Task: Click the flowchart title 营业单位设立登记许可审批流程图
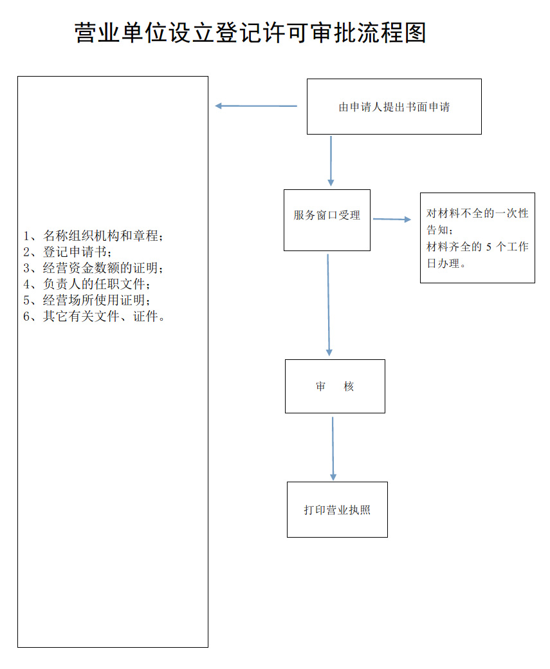tap(250, 33)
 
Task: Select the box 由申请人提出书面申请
tap(394, 107)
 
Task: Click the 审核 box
tap(335, 386)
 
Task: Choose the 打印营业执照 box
tap(337, 509)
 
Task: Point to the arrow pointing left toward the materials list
tap(256, 106)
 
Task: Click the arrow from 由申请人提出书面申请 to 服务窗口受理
tap(331, 161)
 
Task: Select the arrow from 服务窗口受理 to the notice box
tap(391, 220)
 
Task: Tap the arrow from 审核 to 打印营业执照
tap(333, 448)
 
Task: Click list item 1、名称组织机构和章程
tap(93, 236)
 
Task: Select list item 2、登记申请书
tap(68, 252)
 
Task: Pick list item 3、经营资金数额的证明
tap(93, 268)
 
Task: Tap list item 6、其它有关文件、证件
tap(93, 316)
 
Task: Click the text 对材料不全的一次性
tap(477, 213)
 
